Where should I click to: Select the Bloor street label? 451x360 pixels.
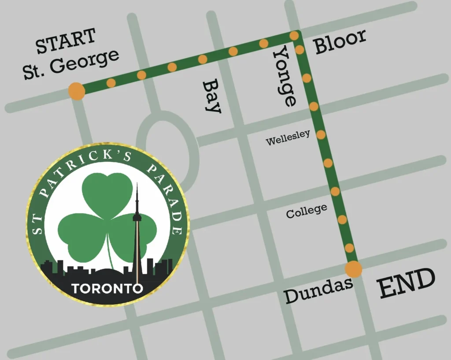click(x=340, y=41)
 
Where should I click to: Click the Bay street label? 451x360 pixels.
click(x=212, y=96)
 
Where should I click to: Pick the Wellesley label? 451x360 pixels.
click(x=288, y=137)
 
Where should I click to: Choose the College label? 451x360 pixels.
click(x=307, y=212)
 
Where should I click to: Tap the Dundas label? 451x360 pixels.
click(x=318, y=290)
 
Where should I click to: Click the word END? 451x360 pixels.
click(x=407, y=284)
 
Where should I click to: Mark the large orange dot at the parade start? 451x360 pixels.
click(x=77, y=91)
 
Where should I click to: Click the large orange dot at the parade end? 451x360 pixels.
click(x=353, y=269)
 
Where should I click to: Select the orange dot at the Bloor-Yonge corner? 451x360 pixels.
click(x=294, y=35)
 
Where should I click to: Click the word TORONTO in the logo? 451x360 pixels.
click(x=107, y=289)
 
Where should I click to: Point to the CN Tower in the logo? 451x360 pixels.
click(x=137, y=229)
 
